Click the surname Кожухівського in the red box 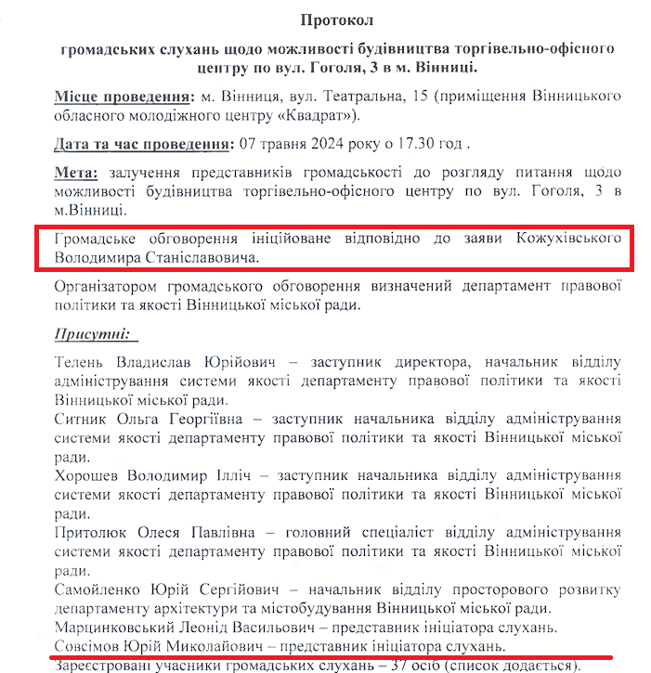(x=568, y=239)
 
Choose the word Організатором (x=109, y=287)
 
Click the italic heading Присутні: (x=90, y=333)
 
